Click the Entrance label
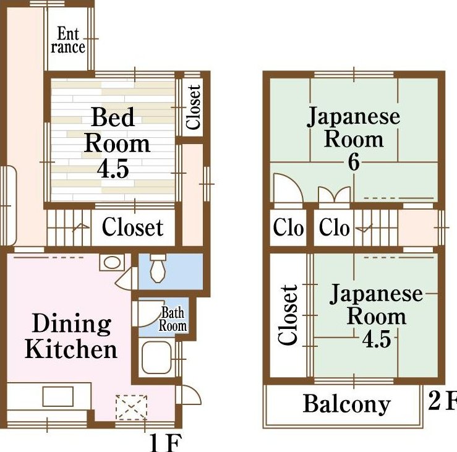tap(68, 40)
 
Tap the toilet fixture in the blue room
tap(158, 268)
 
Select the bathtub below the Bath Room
tap(156, 357)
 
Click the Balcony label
tap(346, 404)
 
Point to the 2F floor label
tap(442, 401)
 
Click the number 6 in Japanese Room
tap(354, 162)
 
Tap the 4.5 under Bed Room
tap(113, 169)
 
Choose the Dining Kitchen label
tap(71, 336)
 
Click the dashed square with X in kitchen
tap(131, 407)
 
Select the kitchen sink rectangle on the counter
tap(58, 396)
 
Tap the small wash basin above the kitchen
tap(112, 263)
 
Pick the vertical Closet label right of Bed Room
tap(193, 107)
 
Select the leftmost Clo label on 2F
tap(288, 228)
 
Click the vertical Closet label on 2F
tap(288, 315)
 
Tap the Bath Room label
tap(173, 319)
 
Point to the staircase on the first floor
tap(69, 228)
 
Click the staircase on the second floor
tap(376, 228)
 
